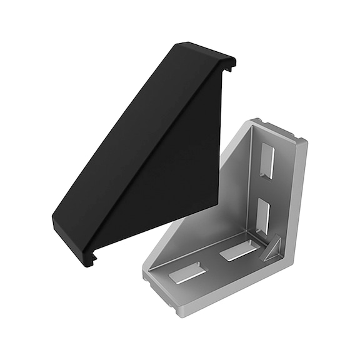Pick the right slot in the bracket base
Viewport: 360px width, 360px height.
coord(238,251)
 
